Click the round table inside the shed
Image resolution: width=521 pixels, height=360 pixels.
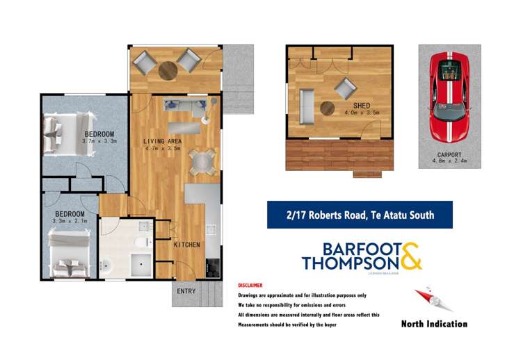(327, 108)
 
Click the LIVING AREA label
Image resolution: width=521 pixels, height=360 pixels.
(161, 141)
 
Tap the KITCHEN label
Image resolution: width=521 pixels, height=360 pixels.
(187, 245)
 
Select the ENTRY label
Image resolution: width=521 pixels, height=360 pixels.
(186, 291)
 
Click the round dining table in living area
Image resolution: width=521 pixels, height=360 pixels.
(200, 161)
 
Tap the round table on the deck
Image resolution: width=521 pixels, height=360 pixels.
(168, 70)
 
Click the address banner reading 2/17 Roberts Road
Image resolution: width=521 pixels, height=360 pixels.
(360, 215)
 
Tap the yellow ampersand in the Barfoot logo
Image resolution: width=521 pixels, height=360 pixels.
(410, 255)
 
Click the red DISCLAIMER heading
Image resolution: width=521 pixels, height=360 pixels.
(250, 286)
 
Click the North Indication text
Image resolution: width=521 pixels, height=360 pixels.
(434, 324)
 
